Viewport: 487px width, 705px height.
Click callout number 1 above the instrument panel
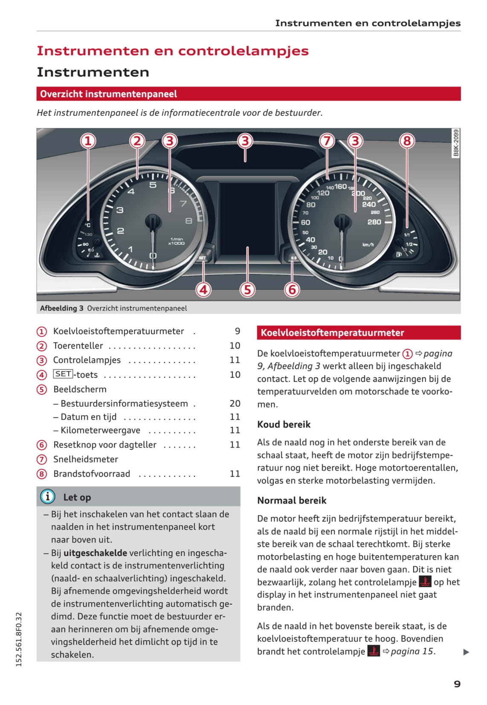pos(88,141)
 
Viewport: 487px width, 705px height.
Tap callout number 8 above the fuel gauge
pos(407,141)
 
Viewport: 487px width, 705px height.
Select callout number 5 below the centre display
pos(247,290)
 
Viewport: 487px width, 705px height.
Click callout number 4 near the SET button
pos(203,290)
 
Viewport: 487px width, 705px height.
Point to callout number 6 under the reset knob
pos(292,290)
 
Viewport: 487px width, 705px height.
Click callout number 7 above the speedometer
pos(327,141)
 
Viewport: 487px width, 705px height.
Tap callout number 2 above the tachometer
pos(137,141)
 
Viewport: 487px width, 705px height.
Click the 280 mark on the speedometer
pos(374,222)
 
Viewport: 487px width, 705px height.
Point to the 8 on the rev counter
pos(188,221)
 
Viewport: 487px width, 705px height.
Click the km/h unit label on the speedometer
pos(368,245)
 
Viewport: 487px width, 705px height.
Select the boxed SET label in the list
pos(63,374)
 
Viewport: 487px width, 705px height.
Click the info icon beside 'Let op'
pos(48,497)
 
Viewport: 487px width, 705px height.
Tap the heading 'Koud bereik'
pos(284,425)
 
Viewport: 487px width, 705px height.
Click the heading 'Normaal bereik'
pos(292,500)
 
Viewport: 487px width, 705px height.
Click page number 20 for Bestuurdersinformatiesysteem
pos(235,403)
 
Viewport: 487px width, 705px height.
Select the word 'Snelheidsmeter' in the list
pos(85,459)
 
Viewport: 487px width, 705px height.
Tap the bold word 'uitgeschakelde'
pos(95,553)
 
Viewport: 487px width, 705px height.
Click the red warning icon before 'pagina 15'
pos(374,651)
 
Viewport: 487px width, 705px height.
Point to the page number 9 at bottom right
pos(457,684)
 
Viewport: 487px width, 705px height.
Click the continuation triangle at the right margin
pos(466,652)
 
